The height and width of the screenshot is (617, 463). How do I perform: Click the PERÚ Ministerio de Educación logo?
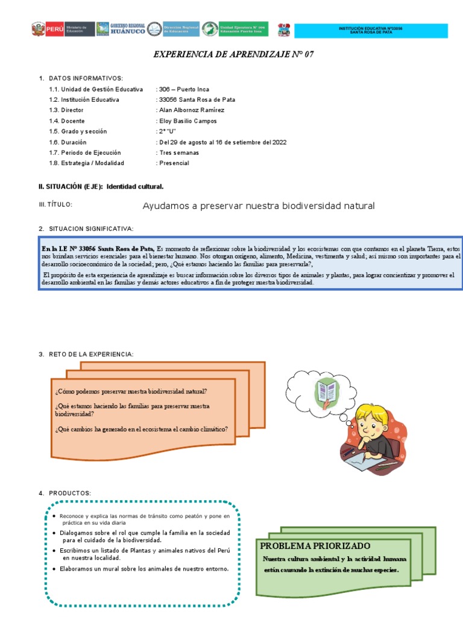pyautogui.click(x=62, y=30)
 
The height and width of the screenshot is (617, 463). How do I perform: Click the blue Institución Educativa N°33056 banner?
pyautogui.click(x=370, y=31)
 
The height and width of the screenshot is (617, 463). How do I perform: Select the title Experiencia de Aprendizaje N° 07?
pyautogui.click(x=233, y=54)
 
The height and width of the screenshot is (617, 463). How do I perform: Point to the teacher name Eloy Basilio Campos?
pyautogui.click(x=180, y=121)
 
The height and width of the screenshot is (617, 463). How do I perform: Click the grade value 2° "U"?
pyautogui.click(x=167, y=131)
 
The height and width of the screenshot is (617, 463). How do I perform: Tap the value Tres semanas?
pyautogui.click(x=178, y=152)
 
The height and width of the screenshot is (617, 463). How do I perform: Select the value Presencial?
pyautogui.click(x=174, y=163)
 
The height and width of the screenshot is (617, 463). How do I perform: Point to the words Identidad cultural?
pyautogui.click(x=135, y=187)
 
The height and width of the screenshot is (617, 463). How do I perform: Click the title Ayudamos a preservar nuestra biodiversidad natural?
pyautogui.click(x=258, y=206)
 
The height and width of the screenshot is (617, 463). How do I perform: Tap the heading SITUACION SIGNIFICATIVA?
pyautogui.click(x=91, y=229)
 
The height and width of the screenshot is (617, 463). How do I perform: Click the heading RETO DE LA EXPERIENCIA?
pyautogui.click(x=91, y=354)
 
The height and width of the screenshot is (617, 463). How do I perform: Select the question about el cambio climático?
pyautogui.click(x=141, y=429)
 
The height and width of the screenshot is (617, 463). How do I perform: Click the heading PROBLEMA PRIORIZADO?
pyautogui.click(x=315, y=546)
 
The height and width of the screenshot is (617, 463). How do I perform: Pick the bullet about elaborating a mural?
pyautogui.click(x=144, y=569)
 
